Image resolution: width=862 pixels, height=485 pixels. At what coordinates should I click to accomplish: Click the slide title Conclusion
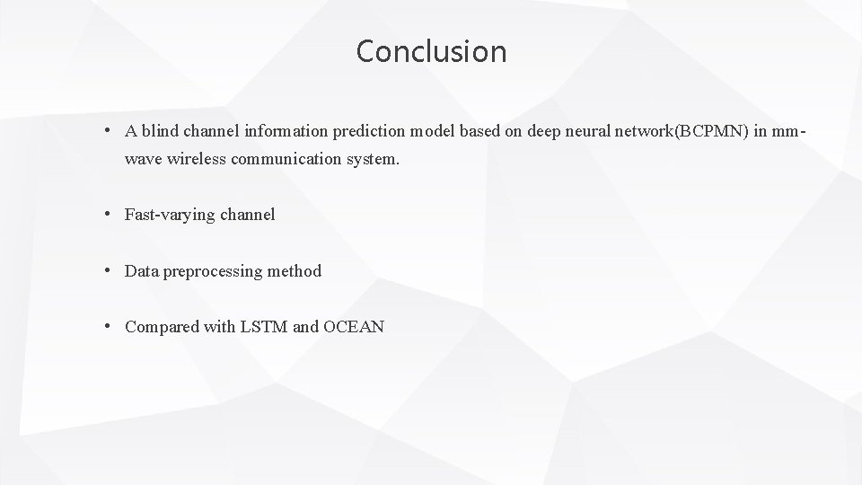point(431,51)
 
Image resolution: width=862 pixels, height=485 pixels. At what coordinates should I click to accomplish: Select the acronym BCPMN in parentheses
point(714,132)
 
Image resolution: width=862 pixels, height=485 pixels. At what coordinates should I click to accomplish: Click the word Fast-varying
point(172,215)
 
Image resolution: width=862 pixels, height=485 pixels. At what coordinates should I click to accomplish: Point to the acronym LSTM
point(263,326)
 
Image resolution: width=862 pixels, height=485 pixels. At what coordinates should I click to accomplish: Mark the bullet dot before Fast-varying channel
point(107,214)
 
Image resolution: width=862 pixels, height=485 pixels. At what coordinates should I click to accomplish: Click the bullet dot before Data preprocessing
point(107,269)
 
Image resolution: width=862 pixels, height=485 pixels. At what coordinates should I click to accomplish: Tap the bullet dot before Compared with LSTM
point(107,325)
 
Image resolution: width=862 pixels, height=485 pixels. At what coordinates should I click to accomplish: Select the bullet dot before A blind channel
point(107,131)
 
